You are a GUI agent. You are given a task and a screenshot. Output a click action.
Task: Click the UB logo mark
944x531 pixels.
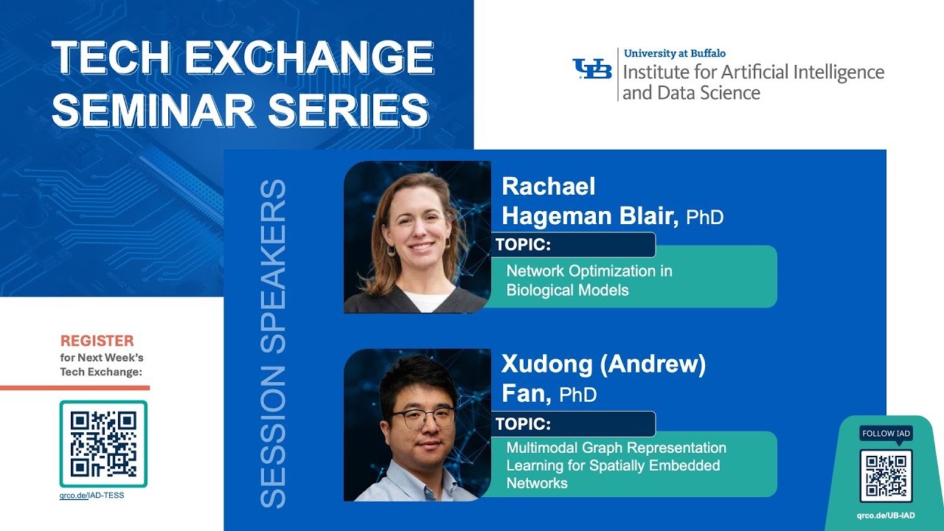tap(592, 69)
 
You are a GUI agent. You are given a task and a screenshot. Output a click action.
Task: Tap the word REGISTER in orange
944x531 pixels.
tap(97, 341)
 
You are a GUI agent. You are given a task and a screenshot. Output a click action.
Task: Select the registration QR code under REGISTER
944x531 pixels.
tap(103, 444)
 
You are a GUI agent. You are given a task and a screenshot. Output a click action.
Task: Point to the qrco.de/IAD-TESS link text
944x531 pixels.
tap(91, 496)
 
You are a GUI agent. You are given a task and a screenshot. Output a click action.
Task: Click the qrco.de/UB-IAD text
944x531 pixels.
tap(886, 515)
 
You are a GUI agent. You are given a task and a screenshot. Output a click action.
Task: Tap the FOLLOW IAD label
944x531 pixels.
tap(886, 434)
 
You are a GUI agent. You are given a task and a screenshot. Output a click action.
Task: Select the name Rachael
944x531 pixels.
tap(548, 187)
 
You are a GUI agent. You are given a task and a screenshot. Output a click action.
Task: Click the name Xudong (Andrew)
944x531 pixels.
tap(603, 364)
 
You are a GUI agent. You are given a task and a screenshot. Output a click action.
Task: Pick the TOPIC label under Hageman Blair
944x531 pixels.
tap(524, 245)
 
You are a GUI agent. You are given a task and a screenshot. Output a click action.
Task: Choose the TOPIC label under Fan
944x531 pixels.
tap(524, 424)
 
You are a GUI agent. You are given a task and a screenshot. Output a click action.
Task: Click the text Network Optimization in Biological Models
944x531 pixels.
tap(589, 280)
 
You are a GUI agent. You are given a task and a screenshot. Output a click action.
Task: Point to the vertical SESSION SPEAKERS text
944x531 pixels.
tap(273, 343)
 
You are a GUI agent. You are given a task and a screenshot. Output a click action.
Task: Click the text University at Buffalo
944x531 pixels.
tap(674, 53)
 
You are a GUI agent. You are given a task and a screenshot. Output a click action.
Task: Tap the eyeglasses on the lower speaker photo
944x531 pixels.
tap(423, 417)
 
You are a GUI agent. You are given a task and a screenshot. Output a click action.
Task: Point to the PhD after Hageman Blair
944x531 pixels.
tap(704, 217)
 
